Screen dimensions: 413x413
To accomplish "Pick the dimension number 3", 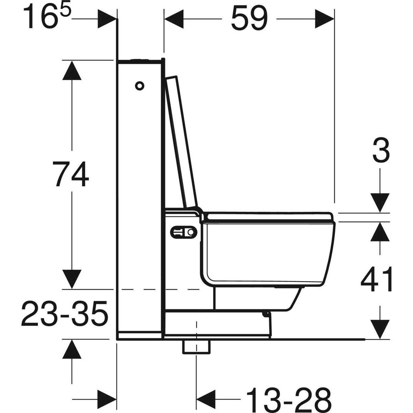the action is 381,151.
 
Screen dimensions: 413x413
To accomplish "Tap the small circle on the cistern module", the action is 139,86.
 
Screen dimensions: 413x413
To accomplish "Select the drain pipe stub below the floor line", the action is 196,347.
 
